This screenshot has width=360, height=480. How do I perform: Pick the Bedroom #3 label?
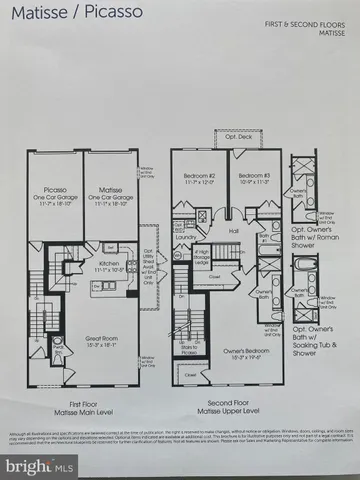point(252,181)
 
